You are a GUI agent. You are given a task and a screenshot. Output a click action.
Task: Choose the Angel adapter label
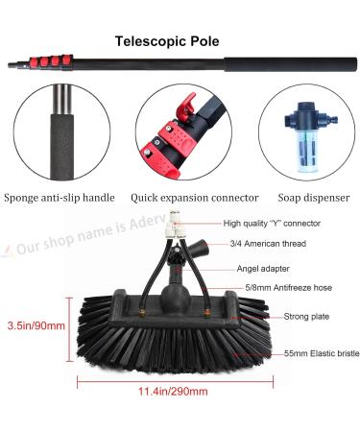(x=263, y=269)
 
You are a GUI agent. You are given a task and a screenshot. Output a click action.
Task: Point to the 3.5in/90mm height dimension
(x=35, y=324)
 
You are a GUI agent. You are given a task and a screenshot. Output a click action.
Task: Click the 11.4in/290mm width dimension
(x=177, y=392)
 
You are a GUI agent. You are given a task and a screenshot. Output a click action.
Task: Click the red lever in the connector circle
(x=188, y=103)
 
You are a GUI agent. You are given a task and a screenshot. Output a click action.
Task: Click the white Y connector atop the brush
(x=174, y=227)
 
